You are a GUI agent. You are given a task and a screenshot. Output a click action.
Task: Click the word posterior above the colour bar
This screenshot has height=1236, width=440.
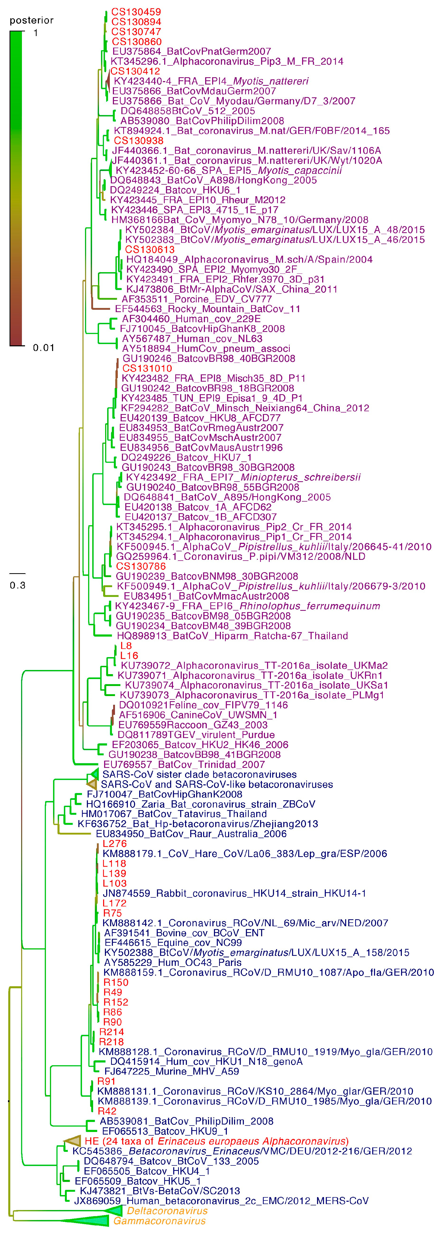(x=31, y=20)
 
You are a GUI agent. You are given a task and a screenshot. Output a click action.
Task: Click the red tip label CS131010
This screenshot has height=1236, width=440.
(x=147, y=368)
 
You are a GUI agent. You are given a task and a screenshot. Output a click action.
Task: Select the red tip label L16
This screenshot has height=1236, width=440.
(x=129, y=655)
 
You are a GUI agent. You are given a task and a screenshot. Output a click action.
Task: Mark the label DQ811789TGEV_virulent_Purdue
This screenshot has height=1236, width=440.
(x=196, y=735)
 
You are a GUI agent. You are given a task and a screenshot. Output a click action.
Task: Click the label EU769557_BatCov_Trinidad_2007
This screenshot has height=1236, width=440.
(x=184, y=764)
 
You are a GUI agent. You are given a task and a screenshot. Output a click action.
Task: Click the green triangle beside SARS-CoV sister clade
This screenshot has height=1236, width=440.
(x=94, y=774)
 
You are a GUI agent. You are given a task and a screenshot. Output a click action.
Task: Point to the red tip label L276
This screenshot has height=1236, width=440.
(x=114, y=844)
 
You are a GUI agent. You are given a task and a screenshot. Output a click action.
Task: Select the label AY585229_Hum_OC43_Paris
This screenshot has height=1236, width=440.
(x=172, y=963)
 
